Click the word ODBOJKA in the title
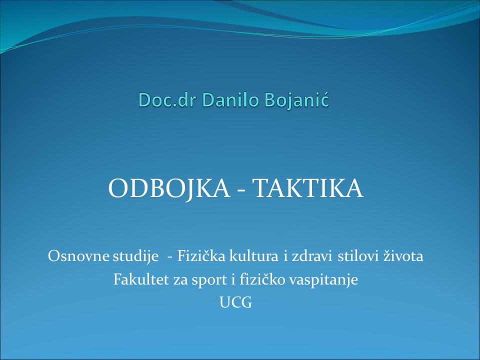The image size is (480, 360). coord(169,188)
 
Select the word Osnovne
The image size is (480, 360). coord(78,256)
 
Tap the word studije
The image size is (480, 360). coord(135,256)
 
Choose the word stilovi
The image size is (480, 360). coord(358,256)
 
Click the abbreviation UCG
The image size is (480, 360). coord(235,302)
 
